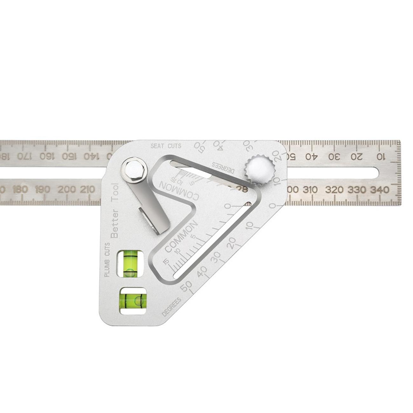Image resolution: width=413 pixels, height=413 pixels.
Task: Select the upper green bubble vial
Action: pos(130,263)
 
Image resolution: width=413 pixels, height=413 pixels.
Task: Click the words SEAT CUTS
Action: pos(166,146)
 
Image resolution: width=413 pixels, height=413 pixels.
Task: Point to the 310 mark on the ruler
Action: pos(310,190)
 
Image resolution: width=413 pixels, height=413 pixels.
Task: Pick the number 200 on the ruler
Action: pos(67,190)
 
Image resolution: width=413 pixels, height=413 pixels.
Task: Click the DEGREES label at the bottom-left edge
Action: pos(172,307)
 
